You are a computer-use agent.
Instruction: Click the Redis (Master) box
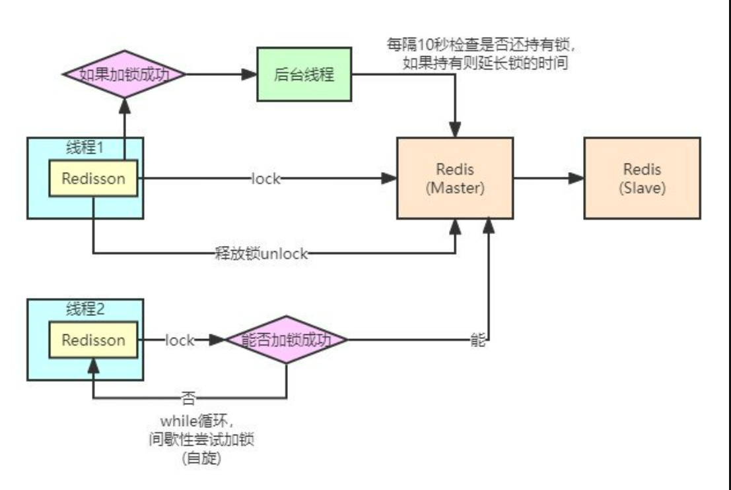coord(455,178)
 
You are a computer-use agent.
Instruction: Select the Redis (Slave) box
coord(642,178)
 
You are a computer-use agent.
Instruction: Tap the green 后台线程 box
coord(304,75)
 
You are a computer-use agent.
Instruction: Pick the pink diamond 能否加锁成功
coord(286,340)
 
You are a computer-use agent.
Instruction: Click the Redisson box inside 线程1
coord(93,178)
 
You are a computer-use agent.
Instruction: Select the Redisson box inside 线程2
coord(93,340)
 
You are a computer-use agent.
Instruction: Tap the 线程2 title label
coord(85,308)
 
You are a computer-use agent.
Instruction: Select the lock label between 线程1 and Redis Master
coord(265,179)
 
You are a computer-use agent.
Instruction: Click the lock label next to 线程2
coord(180,340)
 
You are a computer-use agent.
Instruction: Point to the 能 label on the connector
coord(478,340)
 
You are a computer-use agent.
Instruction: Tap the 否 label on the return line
coord(188,398)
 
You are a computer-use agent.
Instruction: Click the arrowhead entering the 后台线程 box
coord(249,75)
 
